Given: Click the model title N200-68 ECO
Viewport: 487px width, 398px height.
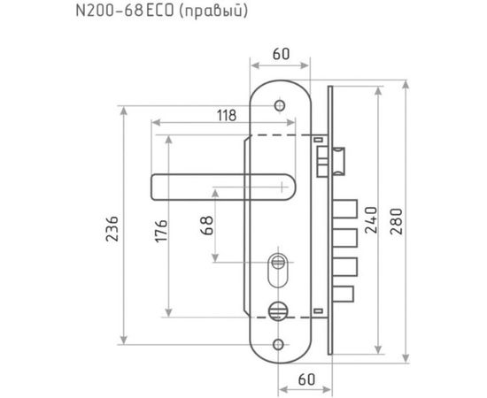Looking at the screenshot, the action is [x=125, y=11].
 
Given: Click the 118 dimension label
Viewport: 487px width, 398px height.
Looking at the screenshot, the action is [x=227, y=115].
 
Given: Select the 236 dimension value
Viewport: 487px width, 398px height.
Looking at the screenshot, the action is [x=112, y=229].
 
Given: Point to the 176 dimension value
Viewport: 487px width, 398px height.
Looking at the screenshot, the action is [x=161, y=231].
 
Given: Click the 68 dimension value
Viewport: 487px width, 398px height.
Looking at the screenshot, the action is [x=207, y=226].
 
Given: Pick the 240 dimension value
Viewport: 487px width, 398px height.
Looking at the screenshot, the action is [x=371, y=220].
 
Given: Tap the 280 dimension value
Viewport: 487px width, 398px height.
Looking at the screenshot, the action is [x=397, y=221].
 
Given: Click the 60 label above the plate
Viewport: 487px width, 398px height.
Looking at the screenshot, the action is [x=281, y=54].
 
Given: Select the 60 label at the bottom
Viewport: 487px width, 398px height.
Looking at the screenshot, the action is [x=306, y=379].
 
